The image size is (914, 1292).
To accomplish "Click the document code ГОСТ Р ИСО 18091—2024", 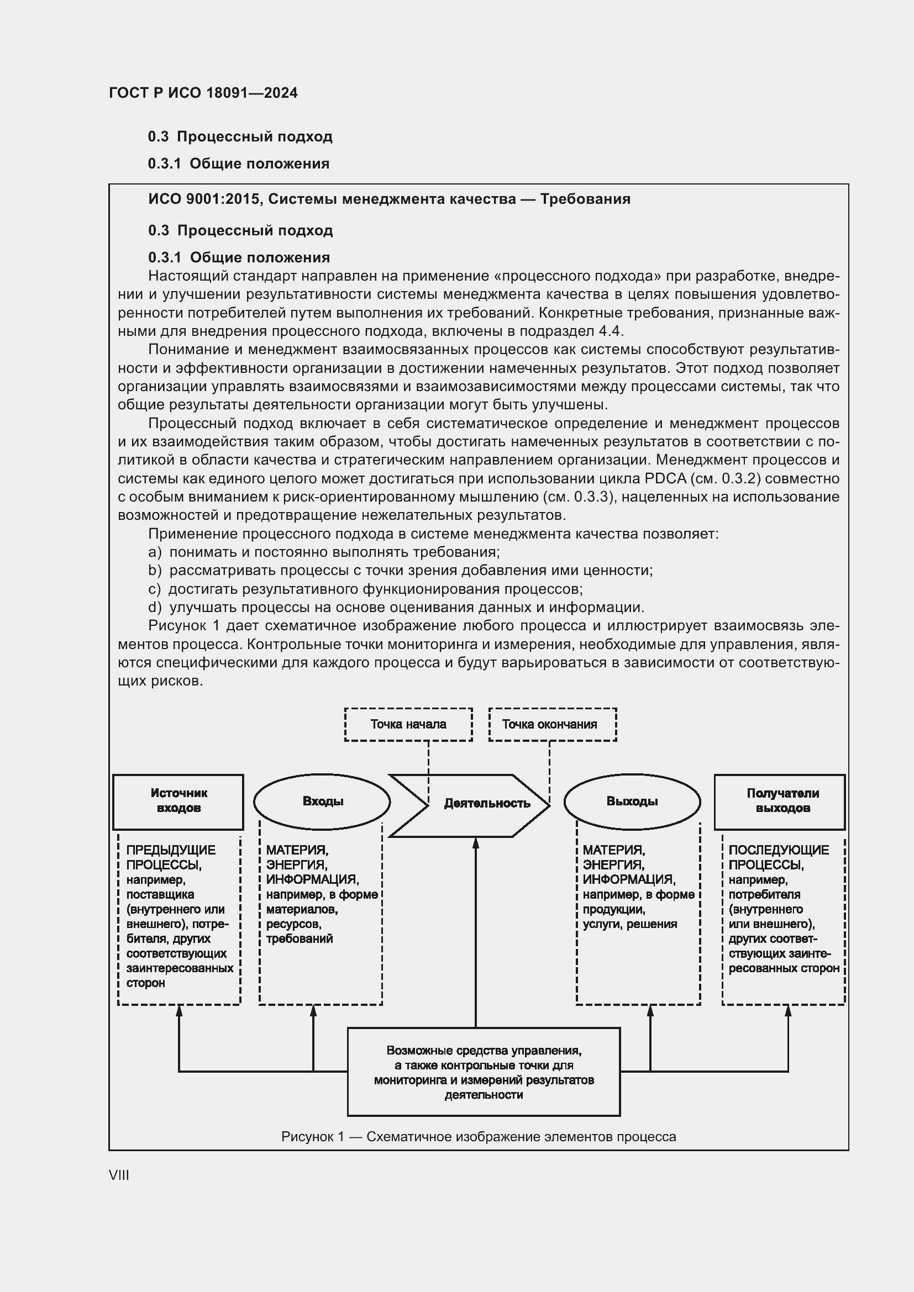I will pos(203,93).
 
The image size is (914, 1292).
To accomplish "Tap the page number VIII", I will pos(119,1175).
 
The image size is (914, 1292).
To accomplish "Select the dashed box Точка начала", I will pos(408,724).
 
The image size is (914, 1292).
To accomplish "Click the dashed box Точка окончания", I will pos(552,724).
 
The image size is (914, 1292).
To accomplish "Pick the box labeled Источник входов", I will pos(178,801).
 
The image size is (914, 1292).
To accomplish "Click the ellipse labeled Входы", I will pos(322,801).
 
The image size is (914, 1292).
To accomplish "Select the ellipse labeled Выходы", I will pos(632,801).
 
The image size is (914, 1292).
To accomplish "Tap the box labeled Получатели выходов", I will pos(780,801).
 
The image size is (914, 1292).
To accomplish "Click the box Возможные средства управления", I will pos(484,1072).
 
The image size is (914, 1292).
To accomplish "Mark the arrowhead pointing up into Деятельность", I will pos(476,843).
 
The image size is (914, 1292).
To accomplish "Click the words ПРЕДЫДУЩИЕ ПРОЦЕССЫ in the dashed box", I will pos(171,857).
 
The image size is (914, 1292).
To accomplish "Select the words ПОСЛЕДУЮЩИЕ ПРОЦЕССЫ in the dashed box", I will pos(779,857).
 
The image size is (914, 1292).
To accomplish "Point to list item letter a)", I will pos(154,552).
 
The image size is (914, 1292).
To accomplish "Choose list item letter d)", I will pos(154,607).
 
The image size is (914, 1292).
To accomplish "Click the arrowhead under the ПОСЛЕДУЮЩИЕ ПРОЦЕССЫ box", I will pos(788,1011).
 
